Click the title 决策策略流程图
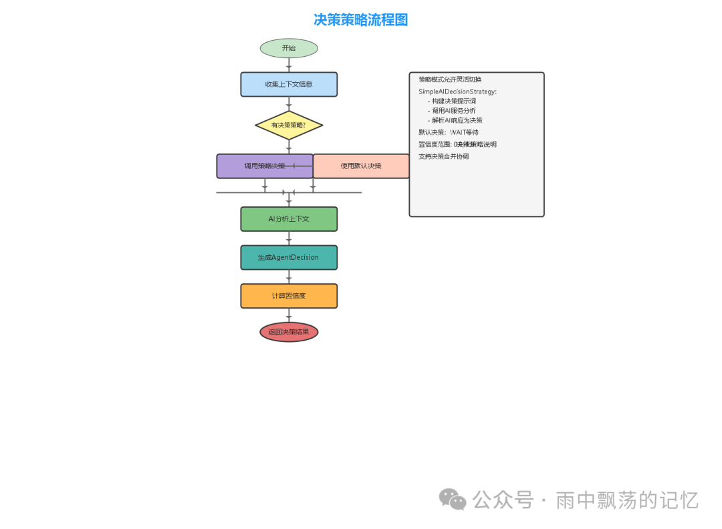tap(360, 20)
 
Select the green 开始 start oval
tap(289, 48)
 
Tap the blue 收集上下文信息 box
tap(289, 84)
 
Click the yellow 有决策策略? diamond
tap(289, 125)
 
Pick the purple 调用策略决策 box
tap(265, 166)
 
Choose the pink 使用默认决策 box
tap(361, 166)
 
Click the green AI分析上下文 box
tap(289, 219)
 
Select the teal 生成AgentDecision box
tap(289, 257)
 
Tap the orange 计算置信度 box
tap(289, 296)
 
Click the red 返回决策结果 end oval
tap(289, 332)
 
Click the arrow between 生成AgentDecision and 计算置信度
tap(289, 277)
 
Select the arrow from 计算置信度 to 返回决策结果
tap(289, 315)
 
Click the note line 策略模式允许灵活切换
tap(450, 79)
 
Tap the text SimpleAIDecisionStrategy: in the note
tap(457, 92)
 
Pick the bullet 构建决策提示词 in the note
tap(453, 102)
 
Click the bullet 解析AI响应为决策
tap(457, 121)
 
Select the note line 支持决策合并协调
tap(443, 156)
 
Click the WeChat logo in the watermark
tap(453, 499)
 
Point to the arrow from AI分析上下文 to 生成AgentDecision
tap(289, 238)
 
